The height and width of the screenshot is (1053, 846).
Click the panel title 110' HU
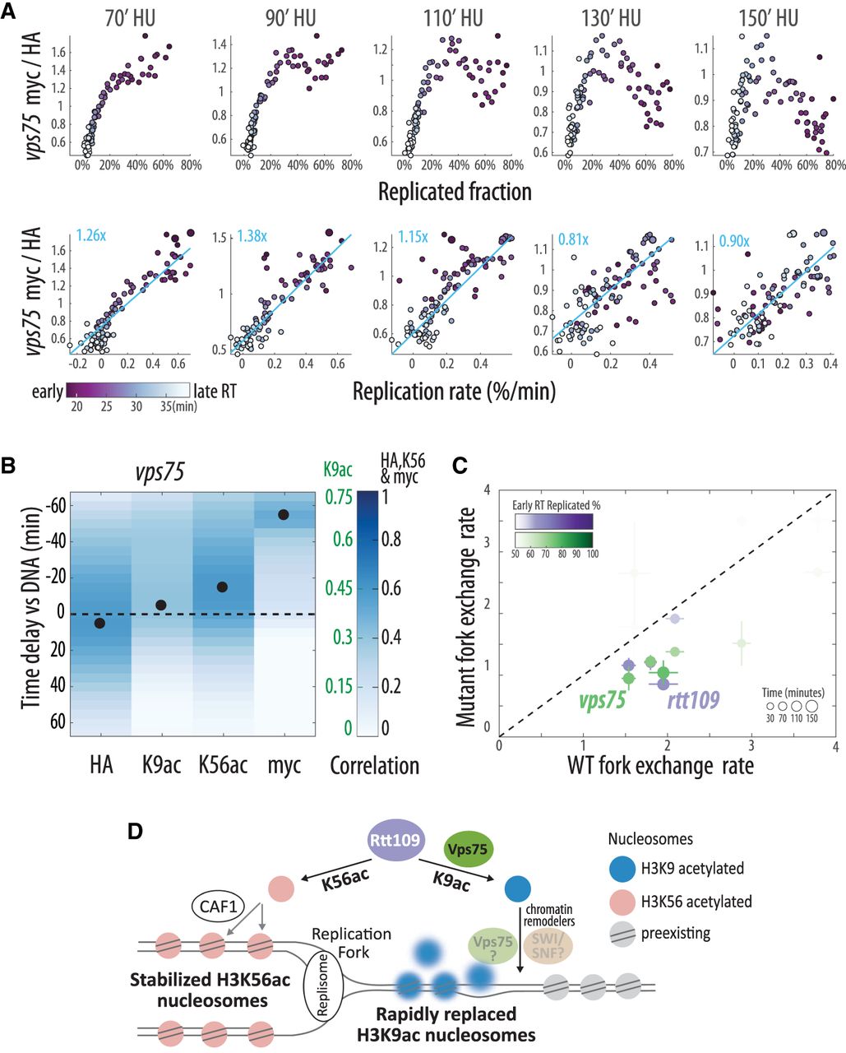tap(453, 19)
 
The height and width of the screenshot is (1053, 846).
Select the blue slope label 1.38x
tap(252, 236)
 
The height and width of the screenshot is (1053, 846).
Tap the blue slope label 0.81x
tap(574, 239)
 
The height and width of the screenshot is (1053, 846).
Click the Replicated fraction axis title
tap(455, 192)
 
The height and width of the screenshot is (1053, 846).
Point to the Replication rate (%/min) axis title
tap(455, 392)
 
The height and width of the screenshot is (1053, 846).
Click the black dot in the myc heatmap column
tap(283, 514)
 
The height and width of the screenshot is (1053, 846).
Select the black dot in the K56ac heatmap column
tap(222, 587)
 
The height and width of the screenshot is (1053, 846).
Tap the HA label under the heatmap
tap(101, 765)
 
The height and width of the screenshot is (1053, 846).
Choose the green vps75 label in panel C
tap(602, 700)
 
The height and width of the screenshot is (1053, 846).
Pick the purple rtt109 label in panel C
tap(693, 700)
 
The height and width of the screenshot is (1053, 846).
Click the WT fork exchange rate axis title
tap(660, 765)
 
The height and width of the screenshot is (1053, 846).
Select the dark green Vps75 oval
tap(468, 849)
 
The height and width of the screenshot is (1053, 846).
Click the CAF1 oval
tap(218, 907)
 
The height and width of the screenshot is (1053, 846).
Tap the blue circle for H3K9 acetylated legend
tap(622, 869)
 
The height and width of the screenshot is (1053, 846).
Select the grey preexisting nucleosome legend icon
tap(622, 934)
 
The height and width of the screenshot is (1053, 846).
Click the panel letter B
tap(8, 466)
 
